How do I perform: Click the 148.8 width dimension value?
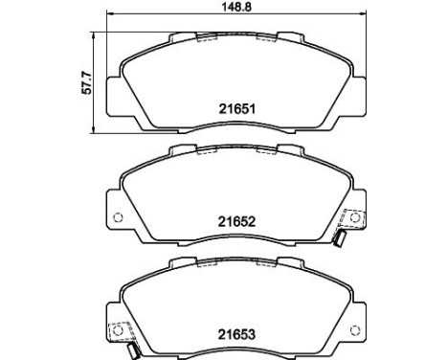click(236, 7)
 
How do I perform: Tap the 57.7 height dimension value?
click(86, 83)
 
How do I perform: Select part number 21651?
click(237, 109)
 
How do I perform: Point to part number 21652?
click(236, 221)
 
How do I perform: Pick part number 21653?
click(236, 334)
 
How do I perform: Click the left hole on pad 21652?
click(118, 217)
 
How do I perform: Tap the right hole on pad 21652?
click(354, 218)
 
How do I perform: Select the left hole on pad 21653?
click(118, 330)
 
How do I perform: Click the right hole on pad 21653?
click(354, 330)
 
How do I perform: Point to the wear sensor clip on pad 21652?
click(339, 239)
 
